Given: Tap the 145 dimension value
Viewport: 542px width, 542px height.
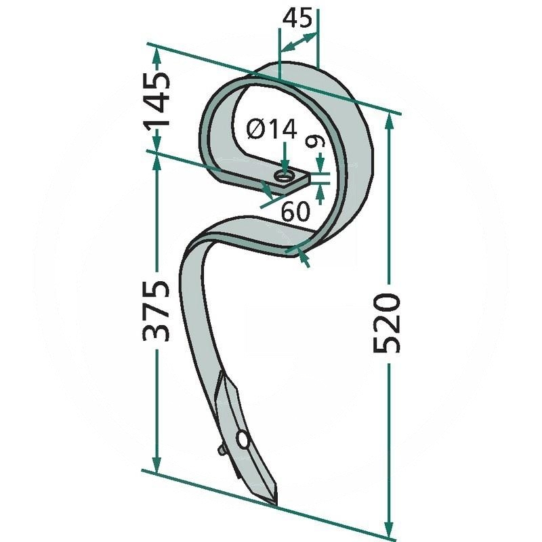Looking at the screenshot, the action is (x=158, y=101).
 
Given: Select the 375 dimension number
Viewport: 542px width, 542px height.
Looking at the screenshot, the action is (x=156, y=310).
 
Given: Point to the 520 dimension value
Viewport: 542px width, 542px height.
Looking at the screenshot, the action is (x=387, y=323).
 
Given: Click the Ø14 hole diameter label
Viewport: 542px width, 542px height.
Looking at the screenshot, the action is (x=272, y=129).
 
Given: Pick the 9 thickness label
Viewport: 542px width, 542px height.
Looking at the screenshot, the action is (x=319, y=142).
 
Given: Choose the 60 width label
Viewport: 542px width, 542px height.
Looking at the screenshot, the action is (x=295, y=211).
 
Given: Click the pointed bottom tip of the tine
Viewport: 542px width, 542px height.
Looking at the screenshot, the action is (x=275, y=505).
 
